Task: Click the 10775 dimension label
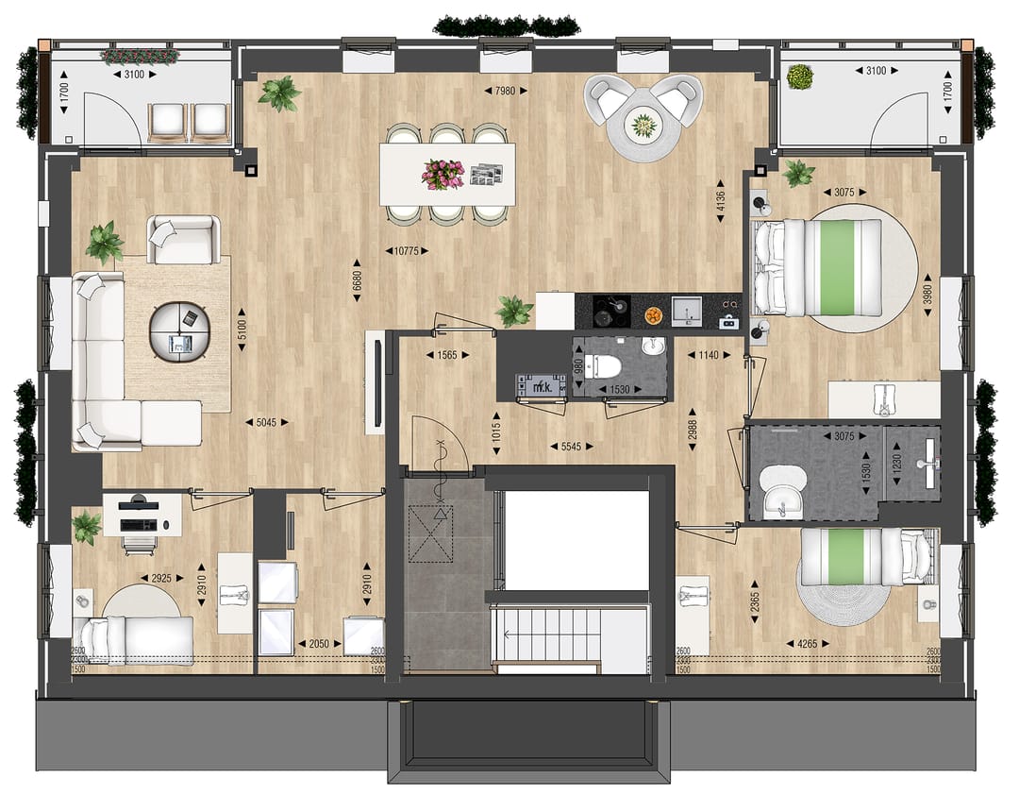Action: coord(407,251)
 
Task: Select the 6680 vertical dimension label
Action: coord(358,281)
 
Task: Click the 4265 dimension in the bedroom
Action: coord(802,645)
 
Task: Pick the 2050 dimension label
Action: coord(320,644)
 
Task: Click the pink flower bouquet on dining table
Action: coord(443,173)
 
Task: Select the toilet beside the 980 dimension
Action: coord(599,365)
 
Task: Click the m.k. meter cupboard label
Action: coord(542,385)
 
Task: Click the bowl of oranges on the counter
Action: coord(653,312)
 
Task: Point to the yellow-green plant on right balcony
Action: coord(800,76)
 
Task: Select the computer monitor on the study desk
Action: coord(138,502)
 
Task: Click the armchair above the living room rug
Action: coord(183,240)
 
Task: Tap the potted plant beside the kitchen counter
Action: coord(514,310)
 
